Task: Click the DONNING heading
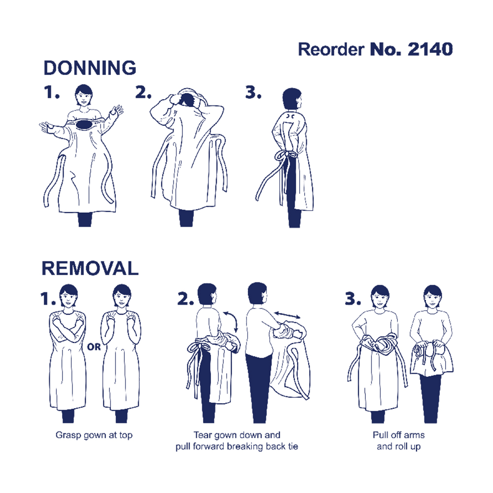pos(90,68)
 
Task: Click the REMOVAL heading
pos(90,268)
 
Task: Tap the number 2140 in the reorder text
pos(430,49)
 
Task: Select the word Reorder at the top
pos(331,49)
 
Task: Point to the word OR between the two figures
pos(94,347)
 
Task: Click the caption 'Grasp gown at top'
pos(94,435)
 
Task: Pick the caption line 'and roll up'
pos(399,447)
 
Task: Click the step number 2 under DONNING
pos(143,92)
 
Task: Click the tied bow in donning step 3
pos(285,155)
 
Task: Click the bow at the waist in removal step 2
pos(199,348)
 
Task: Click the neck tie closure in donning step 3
pos(290,117)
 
